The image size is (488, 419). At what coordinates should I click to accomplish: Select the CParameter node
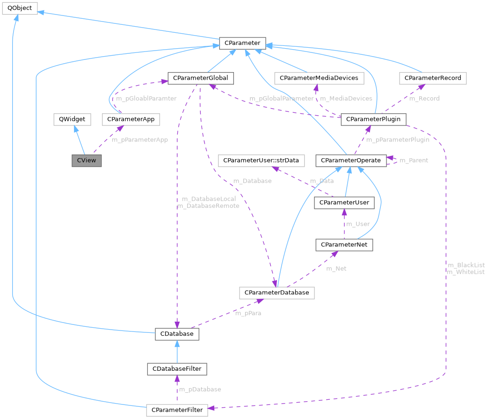tap(242, 44)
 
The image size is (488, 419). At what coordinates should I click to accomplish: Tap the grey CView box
tap(86, 160)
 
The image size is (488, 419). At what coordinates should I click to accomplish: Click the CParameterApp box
tap(131, 119)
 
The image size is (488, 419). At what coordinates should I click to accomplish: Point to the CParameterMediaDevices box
tap(319, 78)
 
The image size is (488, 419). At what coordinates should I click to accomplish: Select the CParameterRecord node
tap(433, 78)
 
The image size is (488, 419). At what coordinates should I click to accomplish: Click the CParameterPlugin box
tap(373, 119)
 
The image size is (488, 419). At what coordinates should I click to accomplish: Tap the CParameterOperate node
tap(351, 161)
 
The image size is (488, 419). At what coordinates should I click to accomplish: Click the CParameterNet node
tap(344, 244)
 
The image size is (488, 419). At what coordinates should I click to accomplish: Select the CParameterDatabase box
tap(277, 293)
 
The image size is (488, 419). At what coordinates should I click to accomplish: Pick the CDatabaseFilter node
tap(177, 368)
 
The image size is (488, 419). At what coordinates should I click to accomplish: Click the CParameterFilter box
tap(177, 410)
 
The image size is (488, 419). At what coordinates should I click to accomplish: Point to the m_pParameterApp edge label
tap(139, 140)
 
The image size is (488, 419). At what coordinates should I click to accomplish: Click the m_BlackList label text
tap(466, 265)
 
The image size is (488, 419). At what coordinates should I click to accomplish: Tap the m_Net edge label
tap(336, 268)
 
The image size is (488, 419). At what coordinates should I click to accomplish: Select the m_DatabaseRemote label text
tap(208, 206)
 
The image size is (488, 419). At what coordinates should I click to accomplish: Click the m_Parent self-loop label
tap(414, 160)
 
